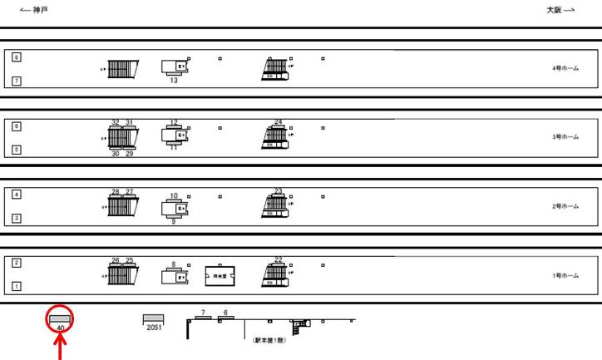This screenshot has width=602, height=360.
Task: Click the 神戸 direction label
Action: click(x=34, y=10)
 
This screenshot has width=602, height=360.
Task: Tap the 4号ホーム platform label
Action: click(x=565, y=69)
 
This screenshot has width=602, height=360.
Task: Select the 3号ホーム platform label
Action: click(x=565, y=137)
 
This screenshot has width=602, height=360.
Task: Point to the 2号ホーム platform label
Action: click(x=565, y=206)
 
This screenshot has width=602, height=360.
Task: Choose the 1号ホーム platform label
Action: click(x=565, y=275)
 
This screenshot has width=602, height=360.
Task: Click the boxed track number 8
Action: click(x=16, y=57)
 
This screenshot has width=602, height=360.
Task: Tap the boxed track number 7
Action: click(x=16, y=81)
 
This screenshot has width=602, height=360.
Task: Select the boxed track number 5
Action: click(x=16, y=150)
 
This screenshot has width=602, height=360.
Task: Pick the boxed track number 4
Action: click(x=16, y=195)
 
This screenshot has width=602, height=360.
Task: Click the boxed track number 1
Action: click(x=16, y=287)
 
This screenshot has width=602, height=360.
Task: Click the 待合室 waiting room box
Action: click(x=220, y=275)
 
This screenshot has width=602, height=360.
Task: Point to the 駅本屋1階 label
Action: click(x=271, y=339)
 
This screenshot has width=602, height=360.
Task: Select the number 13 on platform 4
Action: click(x=174, y=81)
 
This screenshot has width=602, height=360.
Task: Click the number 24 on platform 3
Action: click(x=278, y=122)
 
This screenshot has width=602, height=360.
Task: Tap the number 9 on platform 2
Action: click(x=174, y=222)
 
